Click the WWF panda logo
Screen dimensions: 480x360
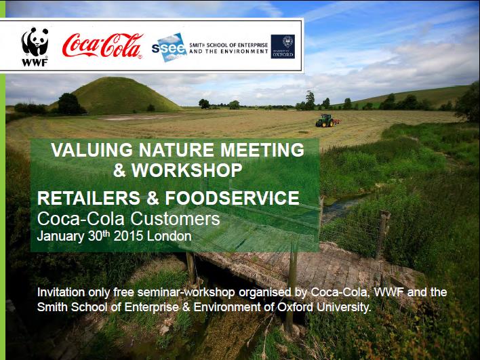click(35, 47)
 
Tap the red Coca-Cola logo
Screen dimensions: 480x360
click(102, 46)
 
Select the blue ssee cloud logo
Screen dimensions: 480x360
click(169, 47)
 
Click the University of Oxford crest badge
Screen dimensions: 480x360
click(283, 47)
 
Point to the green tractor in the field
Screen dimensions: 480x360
click(326, 121)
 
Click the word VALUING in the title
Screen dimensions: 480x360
click(92, 150)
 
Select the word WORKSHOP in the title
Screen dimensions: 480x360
click(186, 170)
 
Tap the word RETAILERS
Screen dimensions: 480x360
click(89, 198)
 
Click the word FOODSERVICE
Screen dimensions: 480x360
click(232, 198)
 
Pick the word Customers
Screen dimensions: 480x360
click(175, 218)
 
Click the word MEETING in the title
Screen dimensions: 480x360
click(262, 150)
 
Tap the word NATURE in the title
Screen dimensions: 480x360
click(177, 150)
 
